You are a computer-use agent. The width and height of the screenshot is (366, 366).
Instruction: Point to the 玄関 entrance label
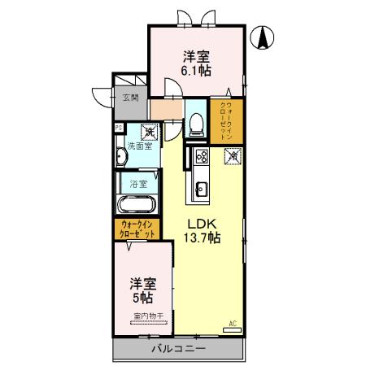pos(130,98)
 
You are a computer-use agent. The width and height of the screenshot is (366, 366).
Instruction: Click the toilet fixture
pos(195,124)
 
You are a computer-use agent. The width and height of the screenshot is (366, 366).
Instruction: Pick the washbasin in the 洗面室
pos(122,155)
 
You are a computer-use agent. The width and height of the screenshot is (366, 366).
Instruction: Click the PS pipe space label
pos(118,127)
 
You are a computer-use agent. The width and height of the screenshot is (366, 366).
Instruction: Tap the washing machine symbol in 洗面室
pos(150,130)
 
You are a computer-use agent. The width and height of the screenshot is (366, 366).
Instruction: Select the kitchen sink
pos(199,191)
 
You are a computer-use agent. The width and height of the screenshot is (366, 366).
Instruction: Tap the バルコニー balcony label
pos(178,349)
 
